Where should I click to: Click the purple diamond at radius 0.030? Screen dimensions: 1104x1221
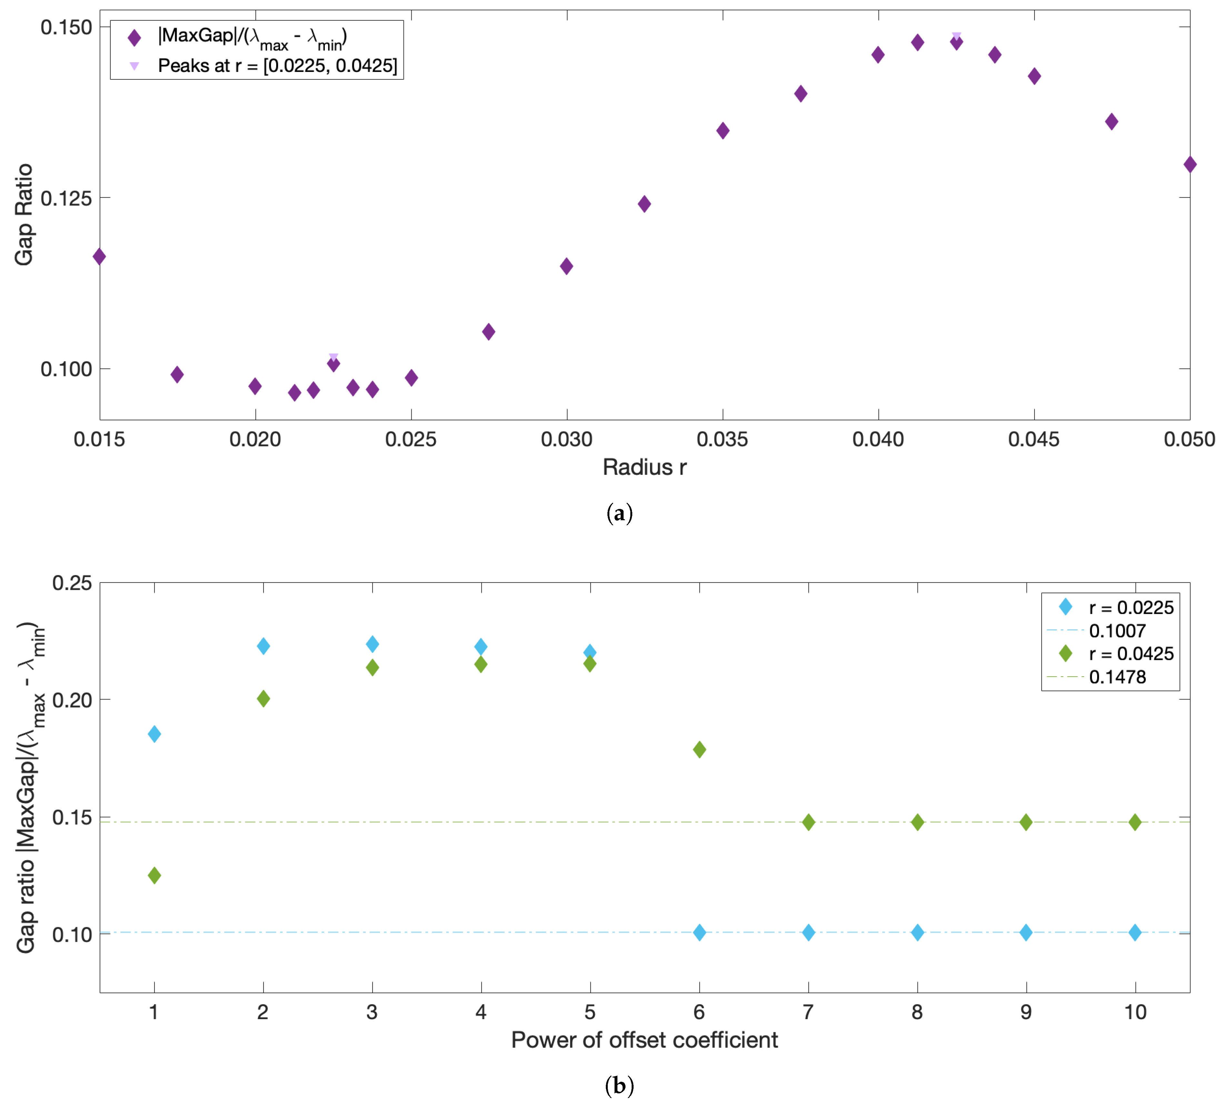(x=566, y=266)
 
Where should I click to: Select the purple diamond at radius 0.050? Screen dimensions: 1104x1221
(x=1189, y=164)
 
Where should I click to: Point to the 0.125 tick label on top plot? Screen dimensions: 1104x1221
(x=66, y=198)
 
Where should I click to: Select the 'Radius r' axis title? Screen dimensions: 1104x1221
(x=645, y=467)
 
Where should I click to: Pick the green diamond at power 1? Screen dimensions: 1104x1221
(x=155, y=875)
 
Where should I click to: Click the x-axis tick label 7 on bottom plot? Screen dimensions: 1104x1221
(x=808, y=1012)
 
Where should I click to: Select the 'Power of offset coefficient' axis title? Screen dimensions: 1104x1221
(x=645, y=1040)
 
